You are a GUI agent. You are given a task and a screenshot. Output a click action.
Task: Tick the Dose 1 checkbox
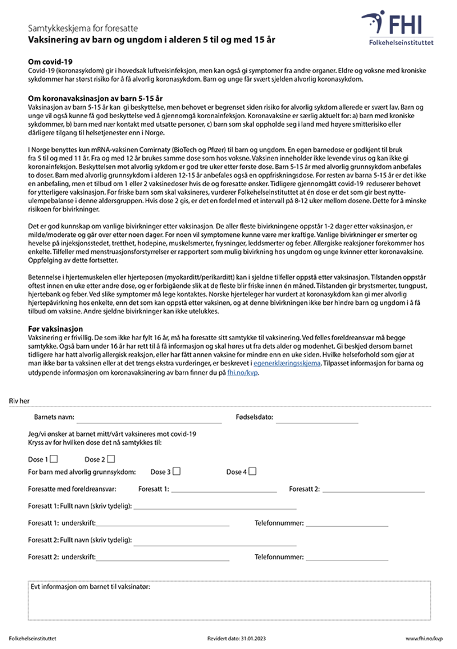[54, 458]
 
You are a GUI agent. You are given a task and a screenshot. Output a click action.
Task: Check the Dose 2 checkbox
[111, 458]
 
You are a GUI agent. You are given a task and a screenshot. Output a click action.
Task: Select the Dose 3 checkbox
[177, 471]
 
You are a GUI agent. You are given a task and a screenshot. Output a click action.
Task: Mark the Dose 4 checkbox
[252, 471]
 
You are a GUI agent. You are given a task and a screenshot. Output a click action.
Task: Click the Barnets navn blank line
[149, 421]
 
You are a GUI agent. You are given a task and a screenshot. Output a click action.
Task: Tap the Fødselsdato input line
[317, 421]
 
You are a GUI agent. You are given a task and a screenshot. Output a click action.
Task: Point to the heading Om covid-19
[50, 61]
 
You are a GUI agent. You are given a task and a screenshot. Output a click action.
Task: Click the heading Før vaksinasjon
[55, 329]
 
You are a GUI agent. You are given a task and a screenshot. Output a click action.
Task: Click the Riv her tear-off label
[19, 401]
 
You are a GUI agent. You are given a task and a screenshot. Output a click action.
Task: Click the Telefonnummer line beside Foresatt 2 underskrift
[347, 558]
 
